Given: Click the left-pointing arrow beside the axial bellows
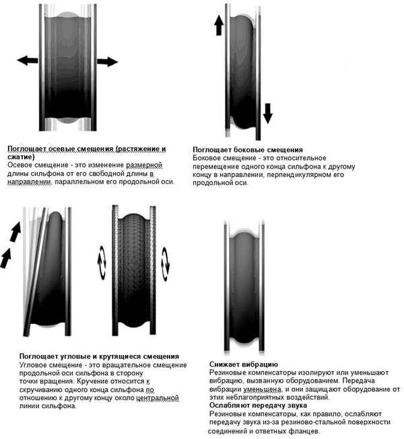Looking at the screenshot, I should tap(27, 61).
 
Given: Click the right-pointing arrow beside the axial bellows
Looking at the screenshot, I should tap(107, 62).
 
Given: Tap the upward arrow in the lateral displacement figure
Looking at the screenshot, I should tap(219, 26).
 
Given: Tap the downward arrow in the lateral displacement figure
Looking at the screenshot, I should tap(267, 112).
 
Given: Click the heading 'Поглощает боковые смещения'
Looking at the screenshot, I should tap(247, 149).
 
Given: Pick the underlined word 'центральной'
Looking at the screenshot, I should tap(158, 398).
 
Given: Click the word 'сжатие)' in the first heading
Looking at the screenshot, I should tap(22, 156).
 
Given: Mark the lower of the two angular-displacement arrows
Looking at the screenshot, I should tap(7, 257).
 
